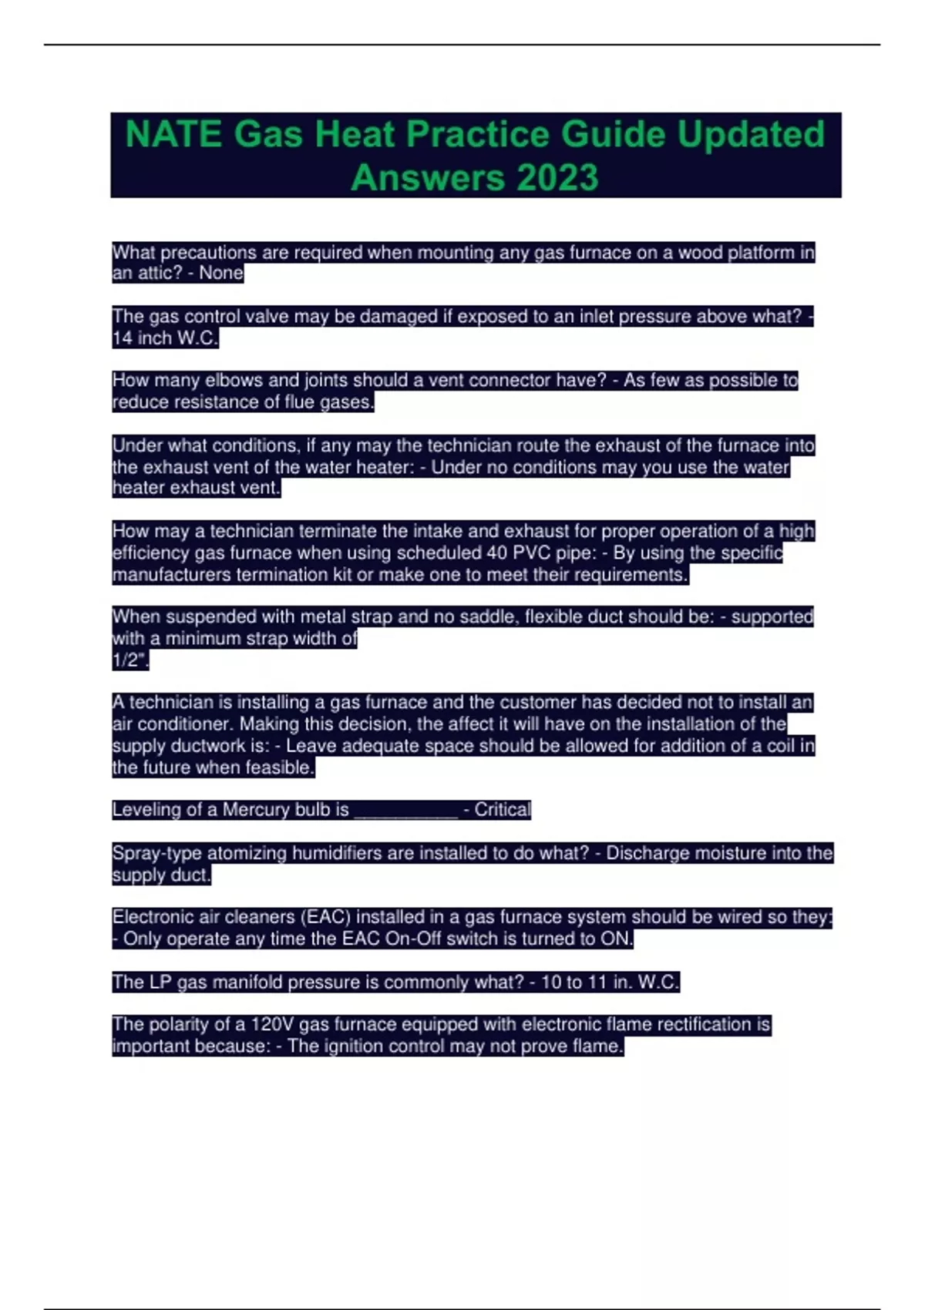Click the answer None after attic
coord(221,274)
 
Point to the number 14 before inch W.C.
coord(122,338)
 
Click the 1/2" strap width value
coord(129,660)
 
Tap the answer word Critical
coord(503,810)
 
